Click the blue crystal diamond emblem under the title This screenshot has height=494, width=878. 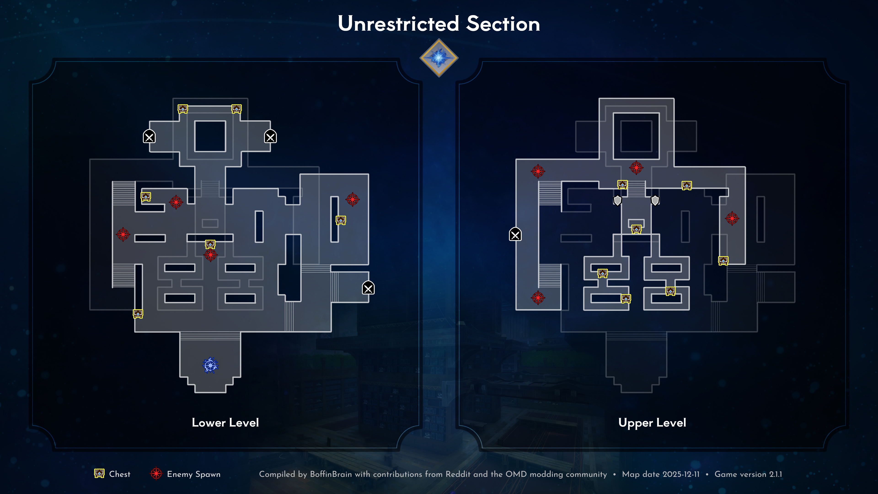point(439,58)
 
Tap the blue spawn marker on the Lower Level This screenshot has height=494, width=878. point(210,365)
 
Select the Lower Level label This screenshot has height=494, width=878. point(225,423)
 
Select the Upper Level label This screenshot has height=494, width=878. point(652,423)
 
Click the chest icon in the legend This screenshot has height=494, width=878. point(99,474)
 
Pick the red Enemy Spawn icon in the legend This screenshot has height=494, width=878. point(156,474)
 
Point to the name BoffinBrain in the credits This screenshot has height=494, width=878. point(331,474)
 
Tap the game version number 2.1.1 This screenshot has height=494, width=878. point(775,474)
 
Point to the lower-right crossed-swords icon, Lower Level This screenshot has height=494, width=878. point(368,288)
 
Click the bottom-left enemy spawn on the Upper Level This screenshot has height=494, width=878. point(538,298)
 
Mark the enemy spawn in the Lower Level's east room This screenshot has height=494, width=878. point(352,199)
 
